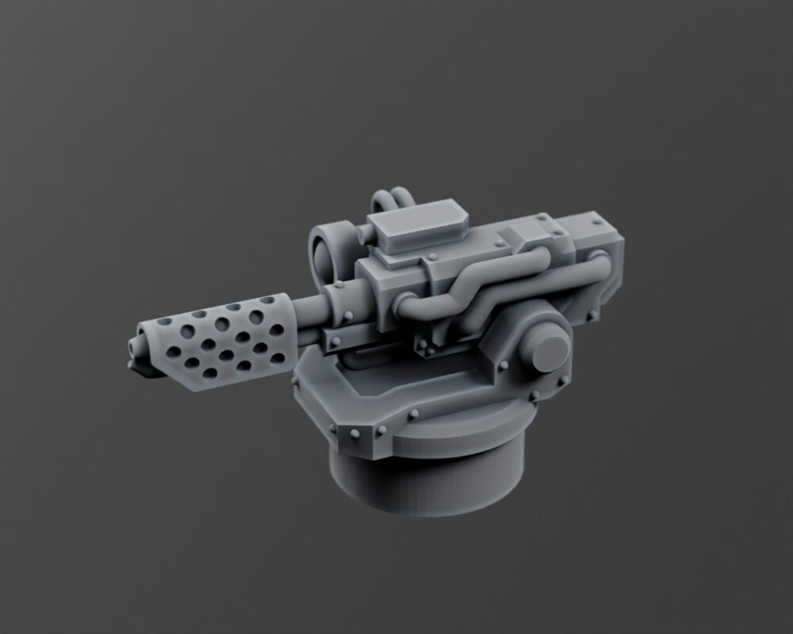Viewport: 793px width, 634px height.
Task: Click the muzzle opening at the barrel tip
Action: (131, 346)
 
